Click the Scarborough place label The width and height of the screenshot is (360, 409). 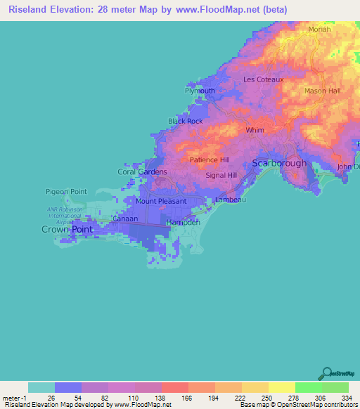coord(279,163)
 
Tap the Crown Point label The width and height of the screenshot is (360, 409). coord(67,230)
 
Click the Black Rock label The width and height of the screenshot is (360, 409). coord(185,122)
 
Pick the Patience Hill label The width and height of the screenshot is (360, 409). coord(210,160)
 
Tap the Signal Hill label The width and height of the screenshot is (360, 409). coord(222,175)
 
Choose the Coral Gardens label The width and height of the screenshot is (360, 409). coord(142,171)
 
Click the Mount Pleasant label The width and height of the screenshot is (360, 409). coord(161,201)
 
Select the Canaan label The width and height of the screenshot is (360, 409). coord(125,219)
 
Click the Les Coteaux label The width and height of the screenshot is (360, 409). coord(263,79)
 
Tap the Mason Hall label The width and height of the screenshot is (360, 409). coord(322,91)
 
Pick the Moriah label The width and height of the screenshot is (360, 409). coord(319,30)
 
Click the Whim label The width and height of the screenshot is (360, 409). coord(254,131)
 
